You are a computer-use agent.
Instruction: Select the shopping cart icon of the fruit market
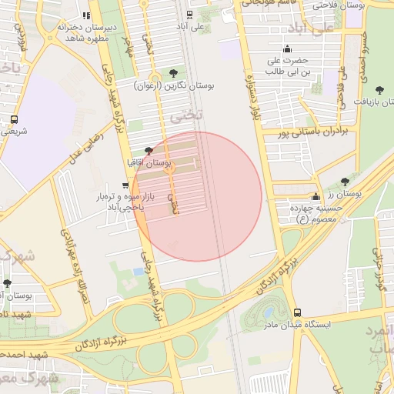[125, 185]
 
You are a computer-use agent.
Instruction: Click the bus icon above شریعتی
[14, 119]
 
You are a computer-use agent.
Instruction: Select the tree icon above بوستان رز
[344, 182]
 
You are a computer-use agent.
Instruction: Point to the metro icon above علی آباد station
[187, 14]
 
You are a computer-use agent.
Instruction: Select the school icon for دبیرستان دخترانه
[86, 15]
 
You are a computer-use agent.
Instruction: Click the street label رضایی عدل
[86, 143]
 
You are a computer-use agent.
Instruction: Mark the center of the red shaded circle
[197, 196]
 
